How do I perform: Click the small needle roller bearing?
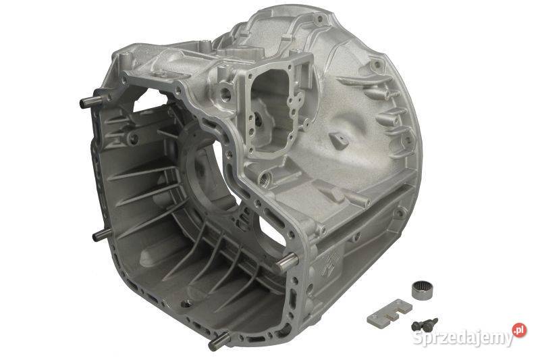point(423,289)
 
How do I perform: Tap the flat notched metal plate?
point(389,313)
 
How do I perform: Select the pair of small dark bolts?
point(424,324)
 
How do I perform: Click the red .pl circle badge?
point(519,330)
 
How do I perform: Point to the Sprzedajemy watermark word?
point(462,338)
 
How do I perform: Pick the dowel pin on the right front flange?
point(287,262)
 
